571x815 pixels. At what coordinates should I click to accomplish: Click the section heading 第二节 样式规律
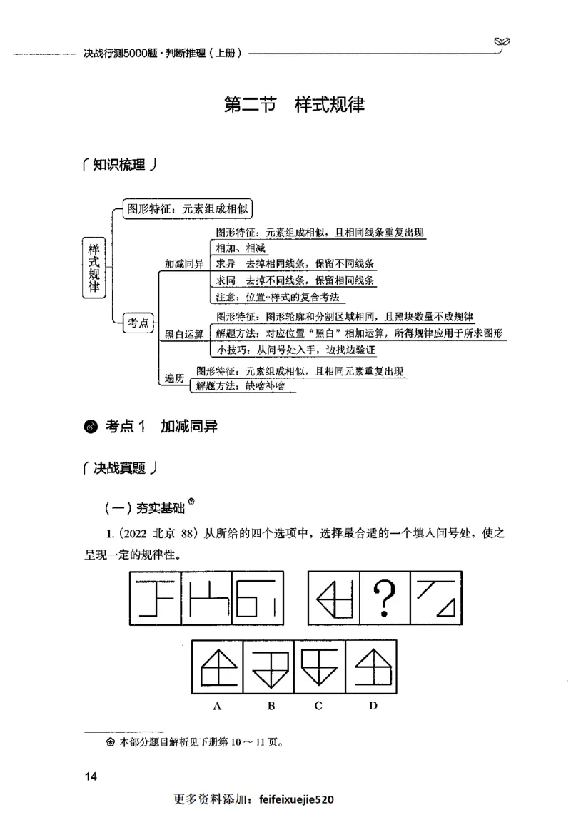click(294, 105)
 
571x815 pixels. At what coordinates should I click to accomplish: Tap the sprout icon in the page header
click(503, 44)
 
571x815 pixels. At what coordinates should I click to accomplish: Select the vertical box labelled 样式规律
click(94, 266)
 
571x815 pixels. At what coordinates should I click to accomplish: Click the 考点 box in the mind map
click(137, 323)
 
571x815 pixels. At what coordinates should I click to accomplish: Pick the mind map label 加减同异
click(184, 264)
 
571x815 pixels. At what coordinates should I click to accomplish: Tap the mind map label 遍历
click(175, 379)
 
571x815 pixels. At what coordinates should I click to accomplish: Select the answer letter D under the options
click(373, 706)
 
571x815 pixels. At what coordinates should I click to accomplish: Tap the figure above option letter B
click(268, 667)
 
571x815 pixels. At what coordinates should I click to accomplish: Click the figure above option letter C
click(320, 667)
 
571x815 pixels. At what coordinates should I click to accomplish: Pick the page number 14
click(90, 776)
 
